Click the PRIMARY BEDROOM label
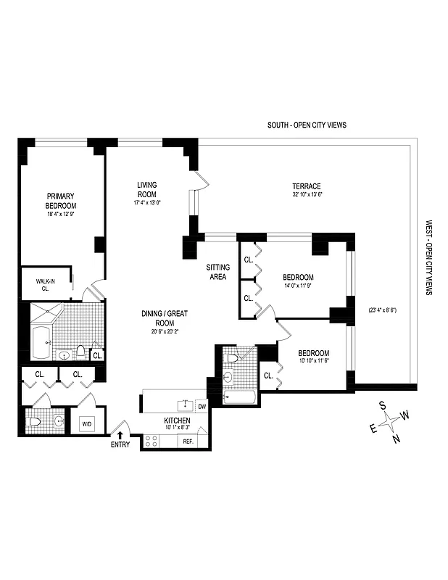coord(61,201)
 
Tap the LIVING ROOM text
coord(147,189)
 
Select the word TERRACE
coord(307,186)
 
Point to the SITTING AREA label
coord(217,272)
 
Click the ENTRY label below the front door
coord(120,444)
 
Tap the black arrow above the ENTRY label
coord(120,435)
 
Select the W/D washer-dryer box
coord(86,423)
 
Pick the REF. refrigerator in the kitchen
coord(188,441)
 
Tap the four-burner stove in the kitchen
coord(152,441)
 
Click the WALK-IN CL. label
coord(44,283)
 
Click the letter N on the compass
coord(396,438)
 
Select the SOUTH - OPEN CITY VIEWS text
coord(307,125)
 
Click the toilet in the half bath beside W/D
coord(34,422)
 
